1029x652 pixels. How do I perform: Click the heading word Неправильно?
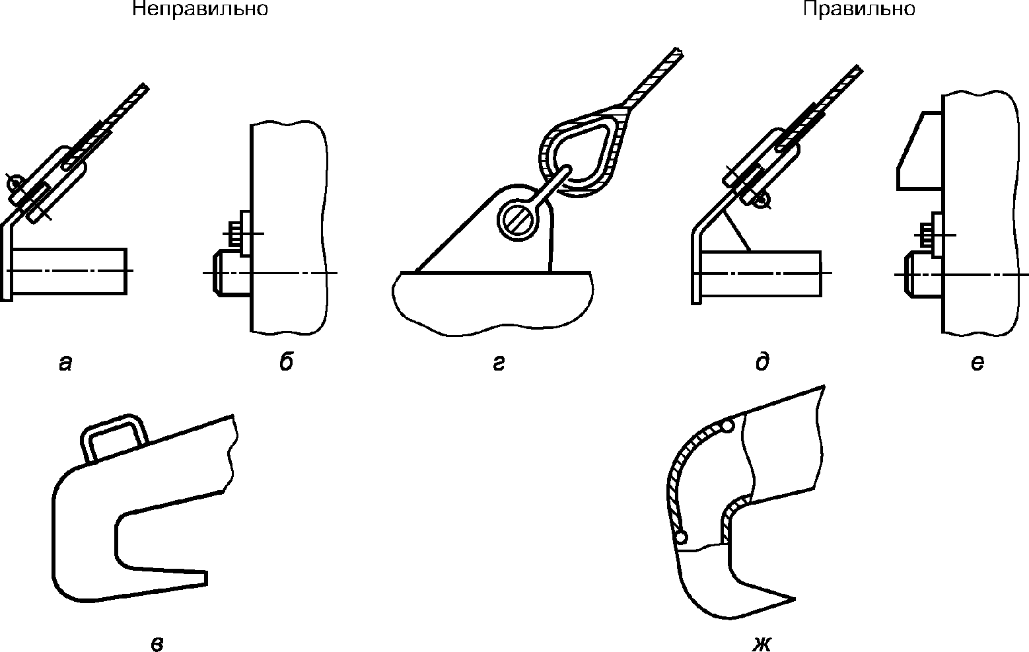tap(200, 9)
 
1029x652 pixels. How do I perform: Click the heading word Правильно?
tap(859, 9)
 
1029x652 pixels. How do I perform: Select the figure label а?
tap(65, 363)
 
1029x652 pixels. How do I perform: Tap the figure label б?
tap(286, 361)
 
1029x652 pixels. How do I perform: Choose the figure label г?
tap(499, 364)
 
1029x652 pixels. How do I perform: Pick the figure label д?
tap(763, 361)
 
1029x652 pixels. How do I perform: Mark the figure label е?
tap(977, 363)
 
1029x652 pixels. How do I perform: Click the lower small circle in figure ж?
tap(681, 536)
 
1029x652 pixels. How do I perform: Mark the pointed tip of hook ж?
tap(795, 599)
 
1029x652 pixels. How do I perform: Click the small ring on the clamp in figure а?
tap(15, 184)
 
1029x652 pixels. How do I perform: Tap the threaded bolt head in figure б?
tap(234, 235)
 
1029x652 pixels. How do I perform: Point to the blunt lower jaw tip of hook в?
tap(205, 578)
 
